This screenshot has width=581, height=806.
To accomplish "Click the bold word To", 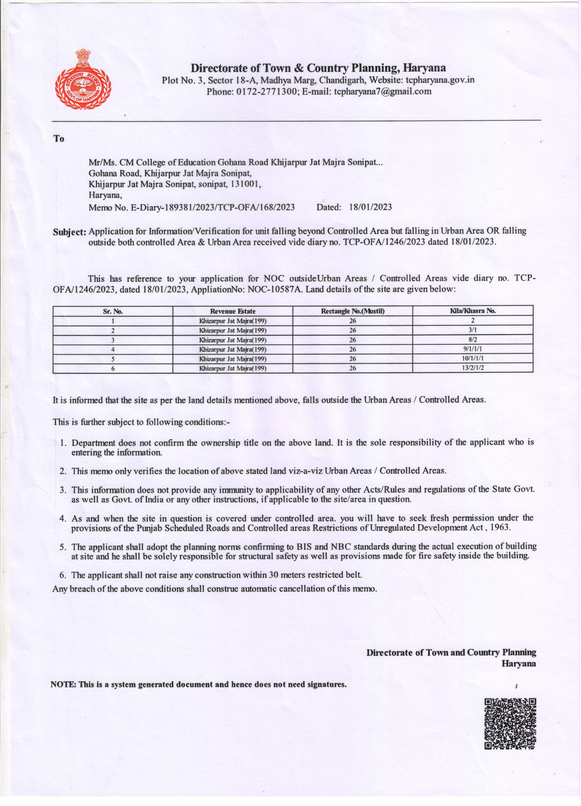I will [x=59, y=139].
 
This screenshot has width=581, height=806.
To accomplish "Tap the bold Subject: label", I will [x=70, y=232].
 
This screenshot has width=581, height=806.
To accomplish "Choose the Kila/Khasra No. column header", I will [x=473, y=311].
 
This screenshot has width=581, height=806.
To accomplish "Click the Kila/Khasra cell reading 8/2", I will [x=472, y=339].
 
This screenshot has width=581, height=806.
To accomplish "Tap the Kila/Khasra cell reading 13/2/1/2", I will [x=473, y=368].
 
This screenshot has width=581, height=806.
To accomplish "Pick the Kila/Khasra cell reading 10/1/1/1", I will [x=473, y=358].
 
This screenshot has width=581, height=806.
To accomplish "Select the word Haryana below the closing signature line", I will [x=518, y=664].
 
